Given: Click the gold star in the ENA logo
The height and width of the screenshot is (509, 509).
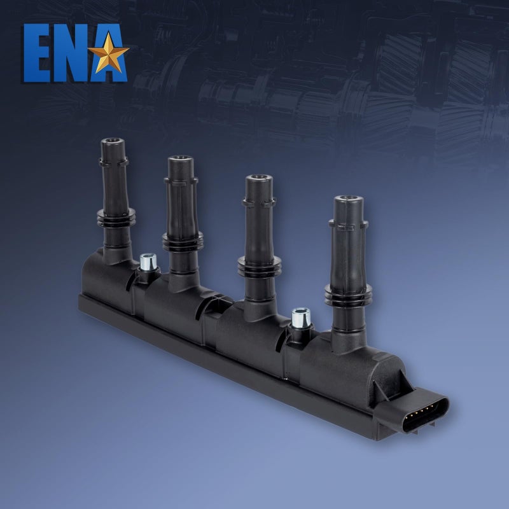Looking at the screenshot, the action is pyautogui.click(x=108, y=53).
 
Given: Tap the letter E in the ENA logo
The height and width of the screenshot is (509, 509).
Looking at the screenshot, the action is pyautogui.click(x=37, y=53).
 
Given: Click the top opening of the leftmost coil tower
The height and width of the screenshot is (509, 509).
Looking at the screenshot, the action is pyautogui.click(x=113, y=141).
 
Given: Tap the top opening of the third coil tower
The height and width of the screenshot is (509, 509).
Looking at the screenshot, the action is pyautogui.click(x=259, y=178).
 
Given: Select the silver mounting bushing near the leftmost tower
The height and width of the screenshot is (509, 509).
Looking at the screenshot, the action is pyautogui.click(x=148, y=262).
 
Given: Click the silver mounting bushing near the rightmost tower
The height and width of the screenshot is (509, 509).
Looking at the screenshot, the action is pyautogui.click(x=301, y=317).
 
